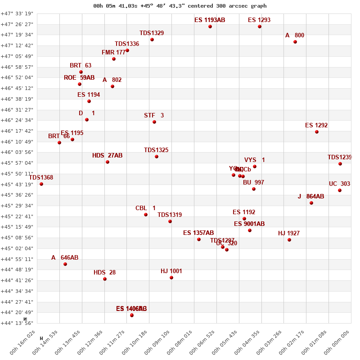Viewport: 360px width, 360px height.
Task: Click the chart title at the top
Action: point(180,6)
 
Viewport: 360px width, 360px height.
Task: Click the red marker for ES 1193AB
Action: point(210,27)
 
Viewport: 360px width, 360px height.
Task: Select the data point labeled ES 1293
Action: point(260,27)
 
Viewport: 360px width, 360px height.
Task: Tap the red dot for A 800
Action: point(295,42)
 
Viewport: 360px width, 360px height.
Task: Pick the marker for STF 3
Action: point(154,122)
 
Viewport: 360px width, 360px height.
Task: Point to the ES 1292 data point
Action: point(317,132)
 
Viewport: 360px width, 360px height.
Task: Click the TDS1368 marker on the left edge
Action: point(41,184)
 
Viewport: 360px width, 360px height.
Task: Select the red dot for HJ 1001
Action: point(171,278)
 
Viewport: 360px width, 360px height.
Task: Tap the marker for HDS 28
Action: point(105,279)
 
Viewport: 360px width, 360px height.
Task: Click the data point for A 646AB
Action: point(65,264)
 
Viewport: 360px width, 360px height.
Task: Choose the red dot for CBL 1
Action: point(146,215)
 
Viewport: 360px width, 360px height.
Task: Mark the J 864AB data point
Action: point(311,203)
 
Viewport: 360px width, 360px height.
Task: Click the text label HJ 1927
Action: point(289,233)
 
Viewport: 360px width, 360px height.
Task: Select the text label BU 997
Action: point(253,182)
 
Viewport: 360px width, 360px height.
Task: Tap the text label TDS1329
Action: point(152,33)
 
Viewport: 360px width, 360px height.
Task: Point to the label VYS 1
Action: point(255,160)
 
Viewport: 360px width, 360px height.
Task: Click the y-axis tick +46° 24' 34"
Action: point(18,120)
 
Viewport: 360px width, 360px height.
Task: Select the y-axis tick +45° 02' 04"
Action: point(18,248)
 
